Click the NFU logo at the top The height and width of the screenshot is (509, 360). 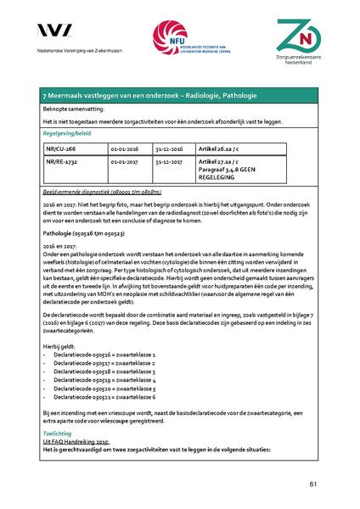pyautogui.click(x=179, y=39)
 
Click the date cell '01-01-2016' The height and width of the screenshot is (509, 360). pyautogui.click(x=127, y=146)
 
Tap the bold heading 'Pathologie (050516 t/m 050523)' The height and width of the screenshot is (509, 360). pyautogui.click(x=91, y=232)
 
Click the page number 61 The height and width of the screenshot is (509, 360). pyautogui.click(x=313, y=484)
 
